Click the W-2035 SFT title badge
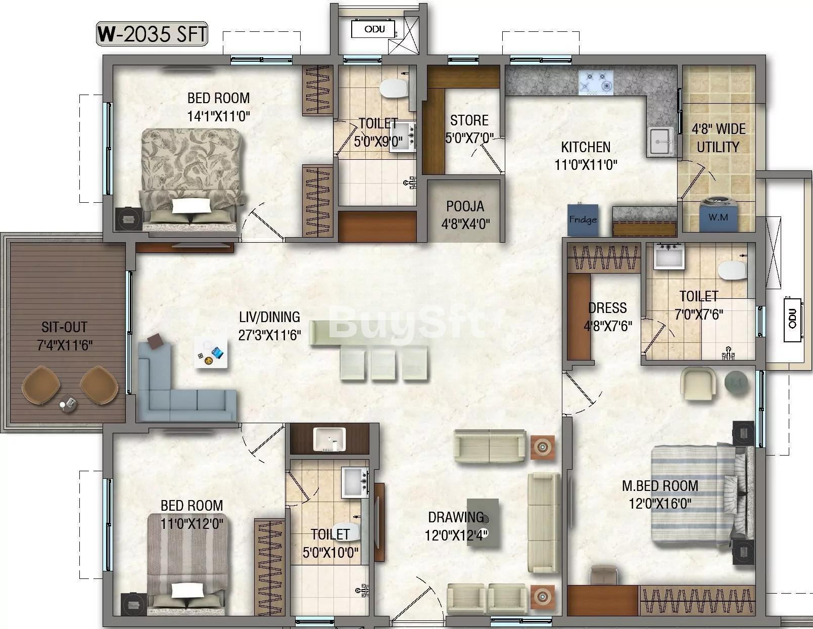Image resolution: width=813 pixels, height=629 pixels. [152, 34]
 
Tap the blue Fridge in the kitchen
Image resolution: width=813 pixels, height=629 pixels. [583, 219]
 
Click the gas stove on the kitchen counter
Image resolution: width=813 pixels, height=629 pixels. [596, 83]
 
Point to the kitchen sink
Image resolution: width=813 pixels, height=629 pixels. [661, 141]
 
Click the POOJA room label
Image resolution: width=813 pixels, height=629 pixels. [465, 206]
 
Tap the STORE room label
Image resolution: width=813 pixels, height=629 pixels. [469, 120]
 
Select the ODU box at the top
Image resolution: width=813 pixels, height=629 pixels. [373, 29]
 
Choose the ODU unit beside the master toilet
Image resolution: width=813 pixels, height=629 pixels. [792, 320]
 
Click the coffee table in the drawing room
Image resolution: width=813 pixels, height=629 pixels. [483, 523]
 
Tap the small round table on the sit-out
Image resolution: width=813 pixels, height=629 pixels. [68, 403]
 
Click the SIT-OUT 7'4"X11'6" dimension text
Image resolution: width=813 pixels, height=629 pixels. [64, 345]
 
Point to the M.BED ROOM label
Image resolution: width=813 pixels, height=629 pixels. [660, 485]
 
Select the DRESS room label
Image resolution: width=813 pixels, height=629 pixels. [607, 308]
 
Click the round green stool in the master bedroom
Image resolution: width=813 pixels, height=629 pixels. [736, 382]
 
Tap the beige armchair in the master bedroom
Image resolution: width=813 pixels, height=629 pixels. [698, 384]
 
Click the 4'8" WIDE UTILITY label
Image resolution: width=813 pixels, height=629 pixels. [719, 138]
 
